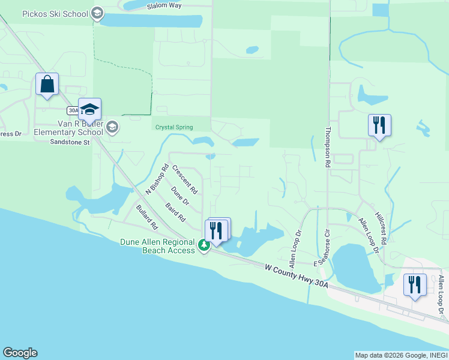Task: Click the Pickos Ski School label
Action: point(54,14)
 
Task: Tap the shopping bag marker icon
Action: point(46,85)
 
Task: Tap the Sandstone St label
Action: point(69,142)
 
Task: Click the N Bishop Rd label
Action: point(157,179)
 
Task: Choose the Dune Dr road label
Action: point(179,196)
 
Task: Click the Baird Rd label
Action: point(175,211)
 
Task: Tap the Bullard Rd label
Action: point(146,218)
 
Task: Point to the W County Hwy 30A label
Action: point(297,272)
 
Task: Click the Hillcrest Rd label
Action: point(380,227)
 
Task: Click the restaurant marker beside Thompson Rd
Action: point(379,125)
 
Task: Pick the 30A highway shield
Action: point(73,110)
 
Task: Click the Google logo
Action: point(20,353)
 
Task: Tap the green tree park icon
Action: point(203,245)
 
